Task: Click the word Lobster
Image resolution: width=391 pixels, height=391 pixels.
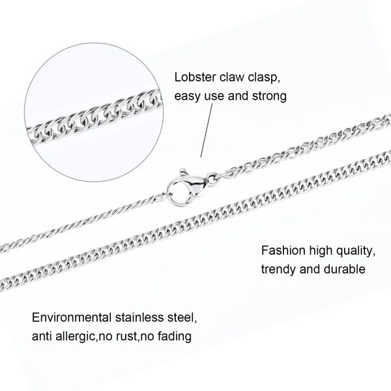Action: tap(193, 76)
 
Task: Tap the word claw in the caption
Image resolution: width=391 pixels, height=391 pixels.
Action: tap(232, 76)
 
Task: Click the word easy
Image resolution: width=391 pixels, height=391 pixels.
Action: tap(187, 96)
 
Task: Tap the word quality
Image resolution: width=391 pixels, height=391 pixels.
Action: tap(352, 249)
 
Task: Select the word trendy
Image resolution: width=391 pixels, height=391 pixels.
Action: tap(277, 268)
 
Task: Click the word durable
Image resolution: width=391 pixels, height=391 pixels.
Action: tap(343, 268)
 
